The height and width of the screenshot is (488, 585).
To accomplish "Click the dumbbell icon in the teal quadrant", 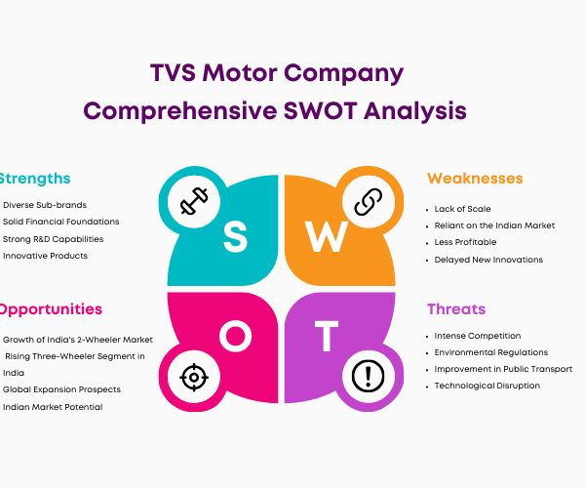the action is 194,201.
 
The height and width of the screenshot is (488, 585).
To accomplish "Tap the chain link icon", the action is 369,202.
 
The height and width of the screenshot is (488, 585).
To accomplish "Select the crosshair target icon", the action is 194,377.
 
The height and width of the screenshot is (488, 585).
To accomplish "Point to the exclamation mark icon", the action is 369,377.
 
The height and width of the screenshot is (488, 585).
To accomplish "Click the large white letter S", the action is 235,237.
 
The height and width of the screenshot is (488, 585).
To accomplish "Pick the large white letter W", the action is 327,237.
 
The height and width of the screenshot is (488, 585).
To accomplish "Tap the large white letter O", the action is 235,336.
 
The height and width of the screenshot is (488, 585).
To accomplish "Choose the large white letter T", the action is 327,336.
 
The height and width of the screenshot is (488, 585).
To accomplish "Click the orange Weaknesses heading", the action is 475,179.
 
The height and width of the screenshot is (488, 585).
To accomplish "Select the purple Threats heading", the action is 456,309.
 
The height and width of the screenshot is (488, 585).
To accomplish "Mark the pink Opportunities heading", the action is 51,310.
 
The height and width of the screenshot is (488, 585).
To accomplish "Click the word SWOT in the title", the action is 320,111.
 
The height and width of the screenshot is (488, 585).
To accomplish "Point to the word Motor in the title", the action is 240,72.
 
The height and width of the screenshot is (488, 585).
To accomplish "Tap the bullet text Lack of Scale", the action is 462,209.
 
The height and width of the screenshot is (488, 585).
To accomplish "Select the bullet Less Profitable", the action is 465,242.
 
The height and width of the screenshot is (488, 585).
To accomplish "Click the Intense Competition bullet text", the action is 478,336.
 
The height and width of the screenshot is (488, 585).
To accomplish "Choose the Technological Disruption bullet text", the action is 487,386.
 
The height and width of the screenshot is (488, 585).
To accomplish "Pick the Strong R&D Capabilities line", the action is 53,239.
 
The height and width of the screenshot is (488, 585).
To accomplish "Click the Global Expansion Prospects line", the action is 62,389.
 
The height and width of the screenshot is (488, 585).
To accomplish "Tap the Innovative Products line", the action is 45,256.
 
